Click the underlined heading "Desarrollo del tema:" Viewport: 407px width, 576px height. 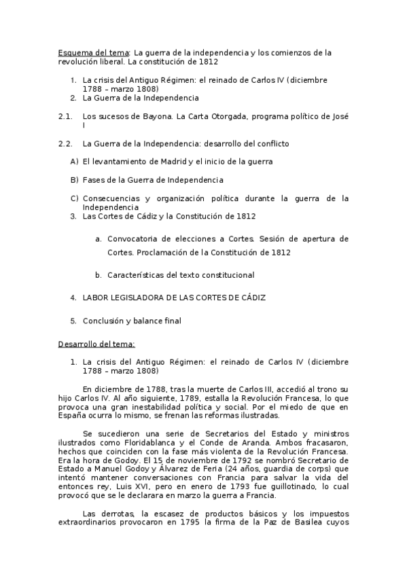tap(96, 344)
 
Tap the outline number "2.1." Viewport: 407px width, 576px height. tap(65, 117)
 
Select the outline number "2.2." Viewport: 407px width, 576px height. tap(65, 144)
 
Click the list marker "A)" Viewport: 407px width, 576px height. tap(74, 162)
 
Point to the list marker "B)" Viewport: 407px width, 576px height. tap(74, 181)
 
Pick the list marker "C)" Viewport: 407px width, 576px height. tap(75, 198)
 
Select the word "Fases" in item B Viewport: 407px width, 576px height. tap(94, 181)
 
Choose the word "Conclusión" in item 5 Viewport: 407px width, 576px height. tap(103, 321)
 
